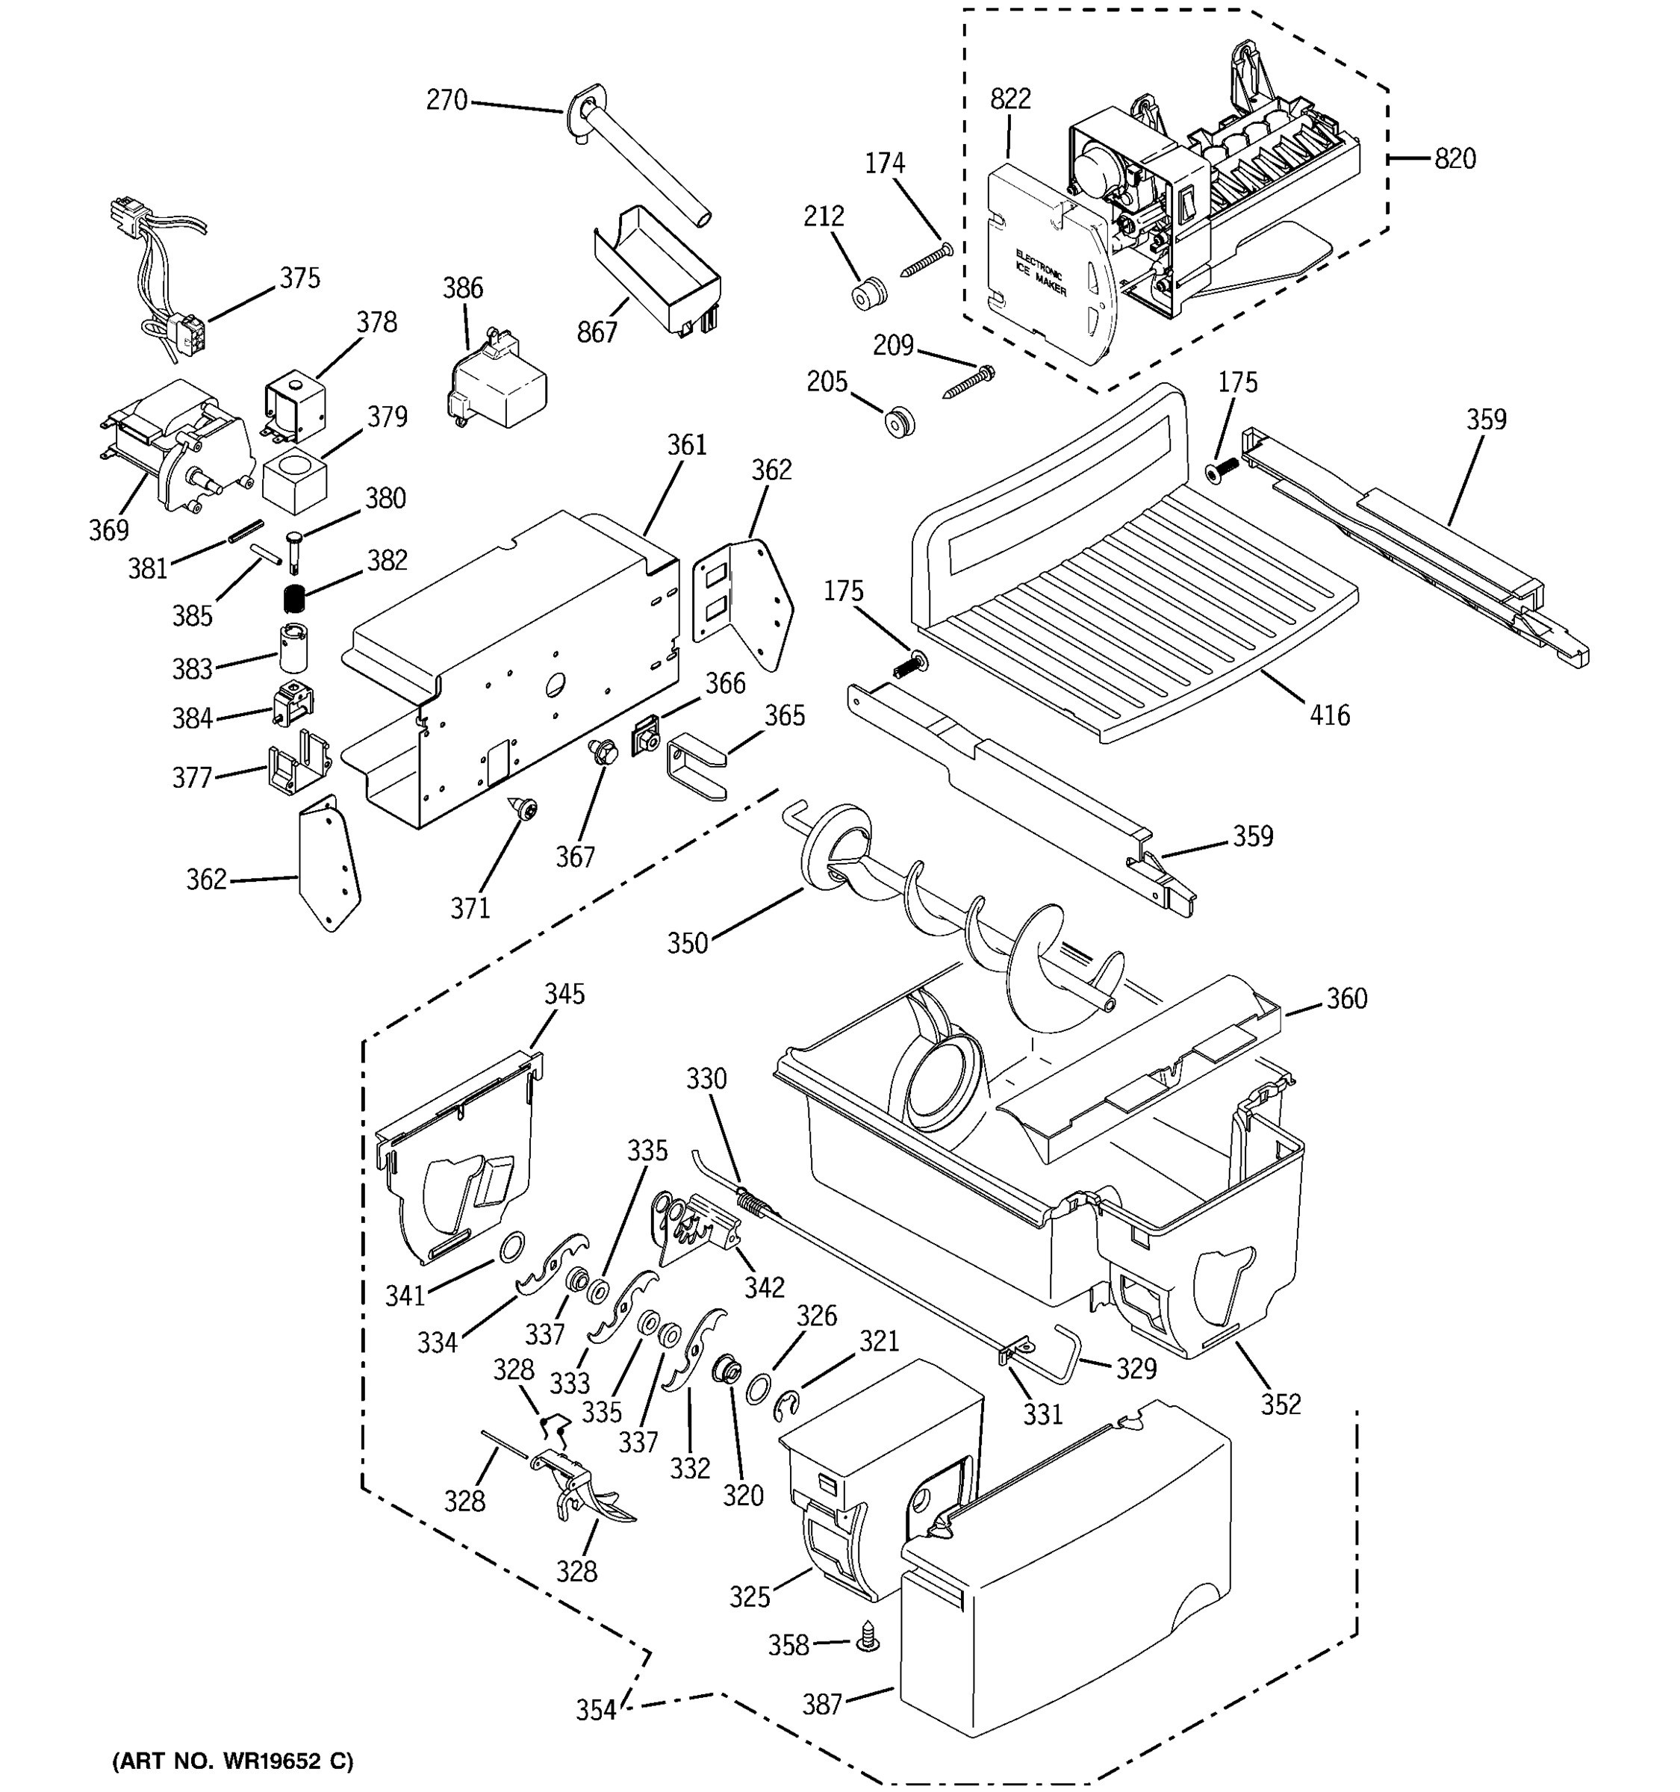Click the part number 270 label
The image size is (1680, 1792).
click(x=447, y=100)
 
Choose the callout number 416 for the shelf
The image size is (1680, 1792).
click(x=1329, y=716)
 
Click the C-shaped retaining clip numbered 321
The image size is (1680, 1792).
click(x=787, y=1406)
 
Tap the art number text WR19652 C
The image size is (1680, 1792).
click(x=232, y=1761)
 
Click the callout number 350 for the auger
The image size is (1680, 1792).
click(x=687, y=944)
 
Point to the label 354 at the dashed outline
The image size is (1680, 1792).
click(x=596, y=1710)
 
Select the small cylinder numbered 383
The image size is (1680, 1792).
click(x=293, y=647)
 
